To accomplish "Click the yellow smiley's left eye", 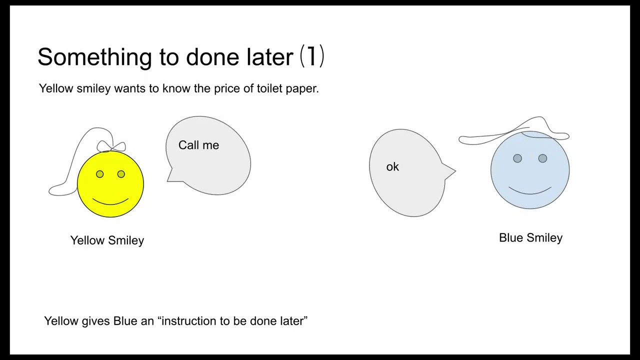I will [100, 174].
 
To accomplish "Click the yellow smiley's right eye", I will [121, 174].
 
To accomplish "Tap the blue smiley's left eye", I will [517, 158].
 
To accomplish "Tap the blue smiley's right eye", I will [542, 158].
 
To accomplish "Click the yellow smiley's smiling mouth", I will [110, 202].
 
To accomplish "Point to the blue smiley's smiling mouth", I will [530, 191].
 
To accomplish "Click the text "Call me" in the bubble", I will [198, 145].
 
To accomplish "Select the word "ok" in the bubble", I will [392, 167].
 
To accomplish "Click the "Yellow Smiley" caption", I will [107, 240].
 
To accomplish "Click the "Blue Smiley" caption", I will [530, 238].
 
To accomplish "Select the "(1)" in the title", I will [312, 56].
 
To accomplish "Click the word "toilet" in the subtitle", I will [269, 88].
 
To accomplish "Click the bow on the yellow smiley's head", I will [111, 146].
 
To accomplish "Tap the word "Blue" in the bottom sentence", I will [125, 321].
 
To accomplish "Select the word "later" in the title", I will [270, 57].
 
